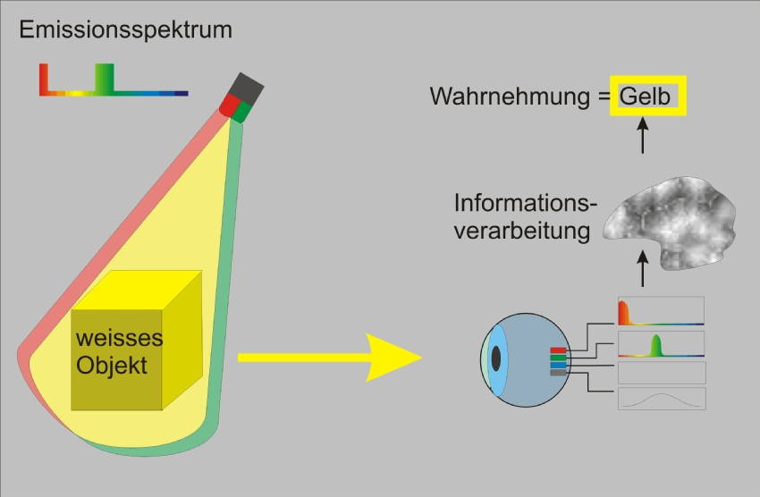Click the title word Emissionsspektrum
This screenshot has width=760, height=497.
pos(125,30)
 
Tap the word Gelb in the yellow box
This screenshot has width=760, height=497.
pos(645,96)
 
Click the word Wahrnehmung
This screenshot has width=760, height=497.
pos(510,97)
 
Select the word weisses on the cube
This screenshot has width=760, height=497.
pos(119,338)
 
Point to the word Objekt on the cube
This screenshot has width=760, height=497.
pos(112,366)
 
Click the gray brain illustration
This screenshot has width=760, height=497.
pos(670,223)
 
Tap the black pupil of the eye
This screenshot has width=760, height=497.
pos(496,358)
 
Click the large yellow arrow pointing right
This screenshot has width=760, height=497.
pos(330,358)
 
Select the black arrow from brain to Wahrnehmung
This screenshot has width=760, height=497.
pos(643,135)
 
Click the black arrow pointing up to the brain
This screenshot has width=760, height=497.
pos(643,268)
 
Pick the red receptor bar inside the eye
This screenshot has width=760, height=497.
pos(558,350)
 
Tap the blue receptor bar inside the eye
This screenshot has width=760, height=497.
pos(558,366)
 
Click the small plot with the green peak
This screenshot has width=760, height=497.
pos(661,344)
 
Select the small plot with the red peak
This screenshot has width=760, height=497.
pos(661,311)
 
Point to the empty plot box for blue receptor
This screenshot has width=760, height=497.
pos(662,373)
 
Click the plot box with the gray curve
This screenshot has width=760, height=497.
pos(662,399)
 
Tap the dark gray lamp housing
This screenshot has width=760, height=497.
pos(246,88)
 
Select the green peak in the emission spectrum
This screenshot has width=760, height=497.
pos(105,78)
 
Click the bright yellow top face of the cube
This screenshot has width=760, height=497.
pos(137,291)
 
